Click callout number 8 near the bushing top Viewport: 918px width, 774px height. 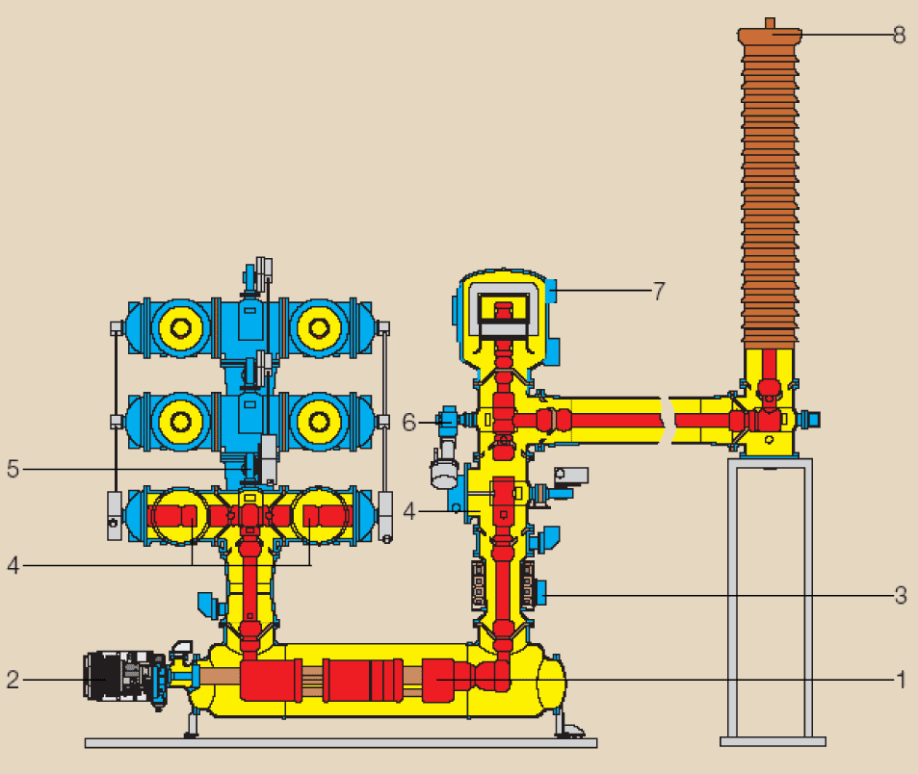coord(900,35)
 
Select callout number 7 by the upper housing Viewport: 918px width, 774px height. coord(659,290)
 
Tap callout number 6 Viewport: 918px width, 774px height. coord(408,422)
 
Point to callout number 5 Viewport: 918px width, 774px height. coord(13,469)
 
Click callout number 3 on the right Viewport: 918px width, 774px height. coord(901,596)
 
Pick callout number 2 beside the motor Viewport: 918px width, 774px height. coord(13,680)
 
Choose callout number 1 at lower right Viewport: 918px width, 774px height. coord(902,680)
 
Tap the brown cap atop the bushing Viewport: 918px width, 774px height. coord(770,34)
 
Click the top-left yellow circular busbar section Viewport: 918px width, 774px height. coord(181,328)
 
